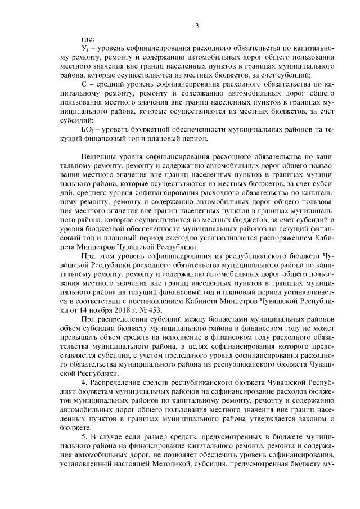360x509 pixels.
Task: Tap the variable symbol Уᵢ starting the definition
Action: pyautogui.click(x=85, y=49)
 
